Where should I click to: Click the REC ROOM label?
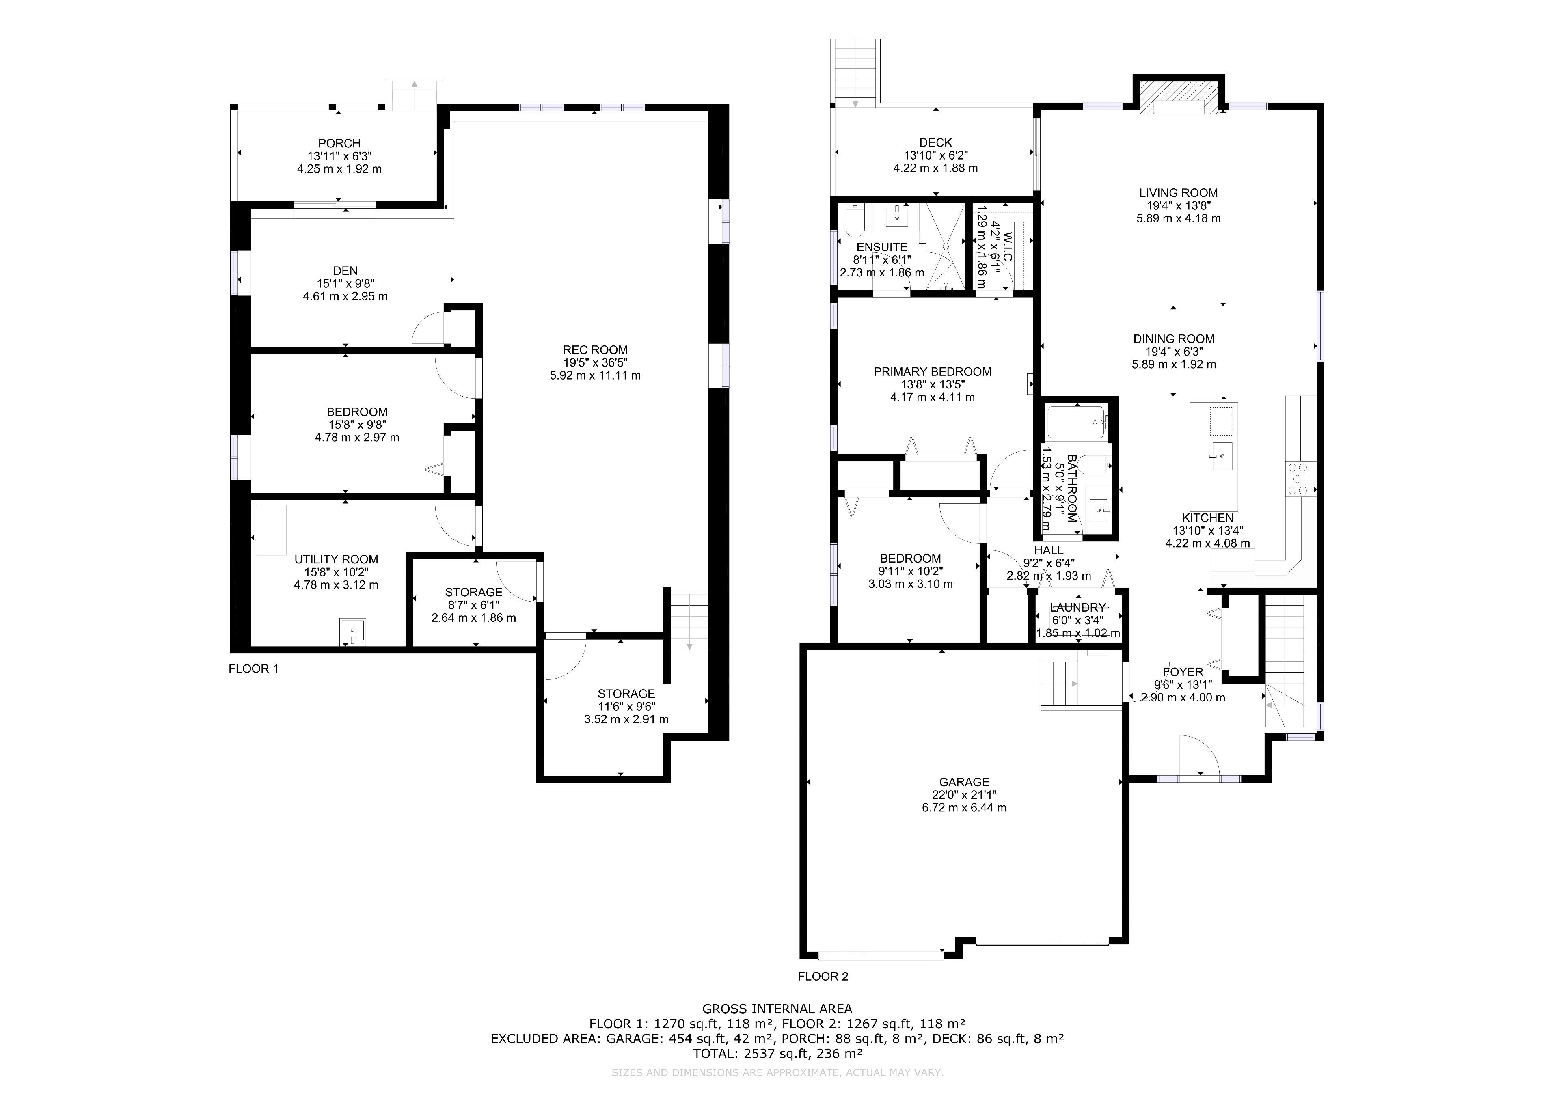595,350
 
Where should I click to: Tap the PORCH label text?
339,143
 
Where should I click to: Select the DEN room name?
345,271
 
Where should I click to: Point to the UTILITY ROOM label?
336,559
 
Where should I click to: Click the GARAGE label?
964,782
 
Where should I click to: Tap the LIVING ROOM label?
1178,193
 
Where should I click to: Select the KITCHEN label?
1207,518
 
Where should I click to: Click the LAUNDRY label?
1077,608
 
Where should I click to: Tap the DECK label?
936,142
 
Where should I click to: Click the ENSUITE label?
882,247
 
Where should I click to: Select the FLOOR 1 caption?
253,669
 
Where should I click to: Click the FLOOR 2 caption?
823,977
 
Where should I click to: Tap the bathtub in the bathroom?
1076,422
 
